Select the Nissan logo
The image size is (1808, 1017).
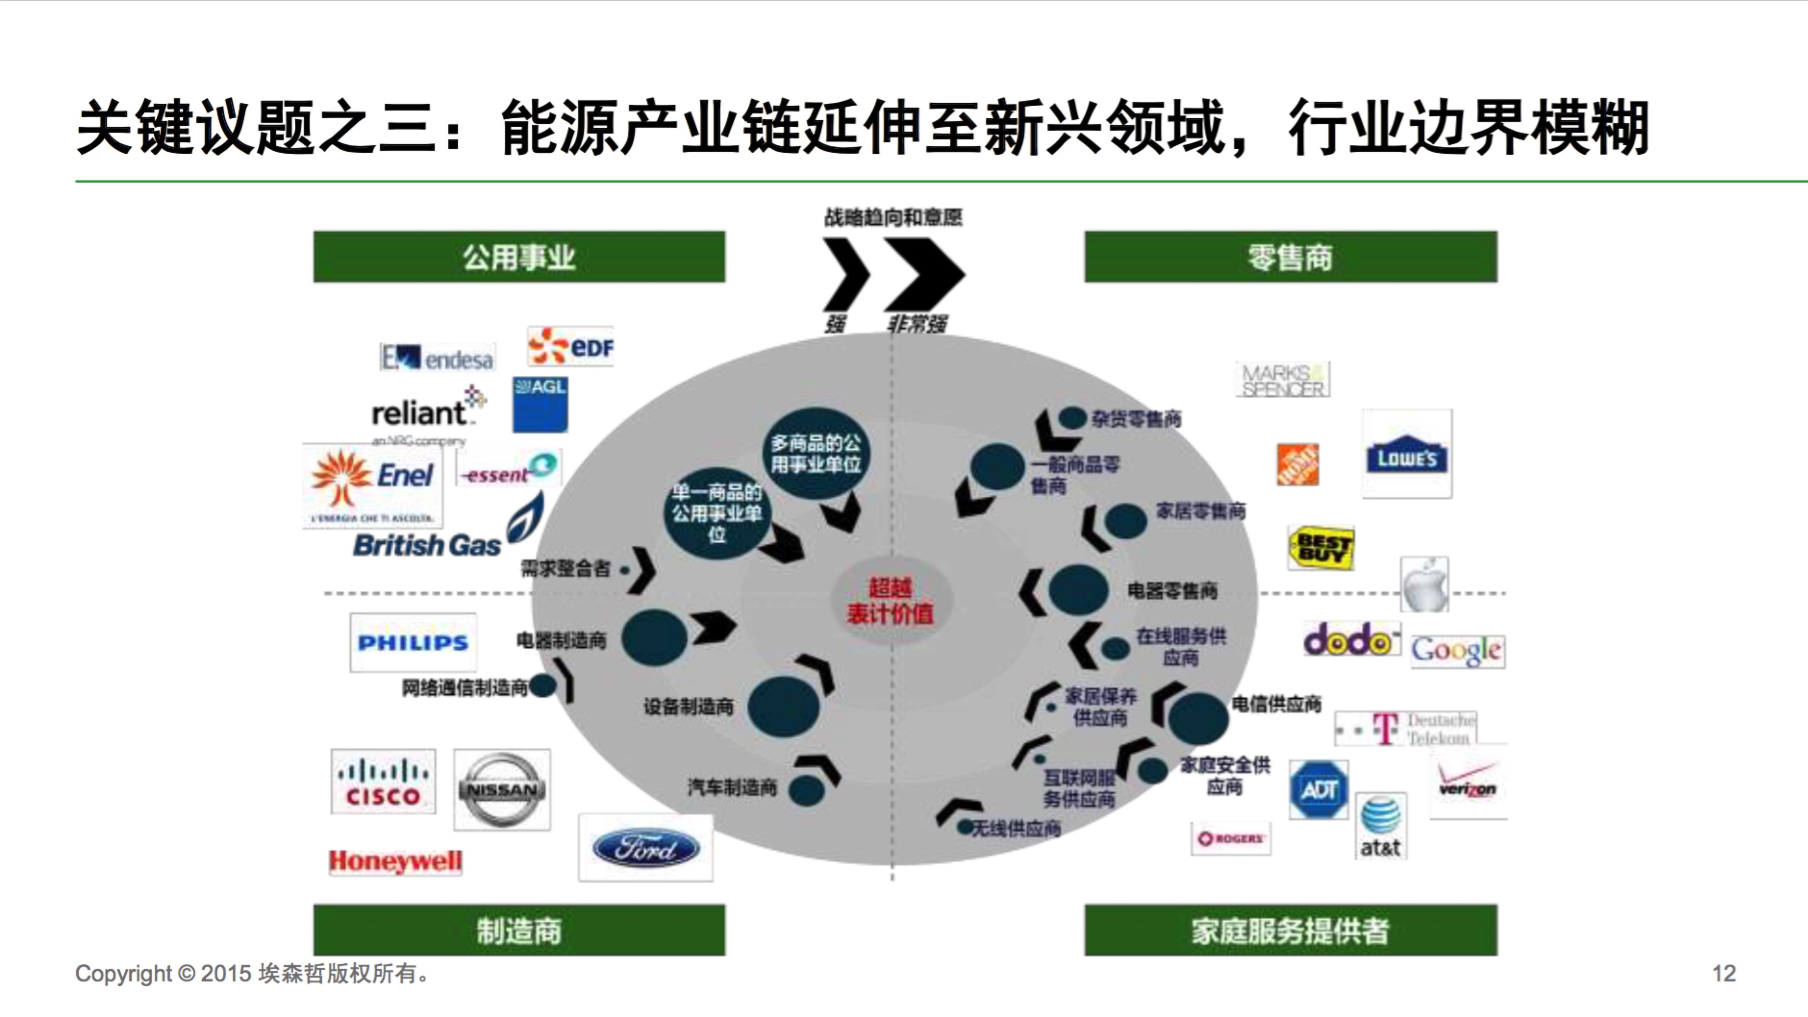[x=502, y=789]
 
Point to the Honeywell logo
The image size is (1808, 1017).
[x=395, y=861]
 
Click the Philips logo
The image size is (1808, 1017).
[x=413, y=643]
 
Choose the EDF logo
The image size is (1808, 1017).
[x=571, y=347]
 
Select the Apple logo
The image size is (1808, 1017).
[x=1424, y=584]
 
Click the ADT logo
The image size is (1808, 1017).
[x=1319, y=790]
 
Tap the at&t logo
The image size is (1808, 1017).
[x=1380, y=826]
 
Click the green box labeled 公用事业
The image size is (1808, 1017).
[x=519, y=257]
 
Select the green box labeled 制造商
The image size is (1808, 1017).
[x=519, y=930]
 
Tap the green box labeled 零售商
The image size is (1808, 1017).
[x=1290, y=257]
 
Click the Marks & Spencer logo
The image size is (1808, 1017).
[x=1282, y=380]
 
